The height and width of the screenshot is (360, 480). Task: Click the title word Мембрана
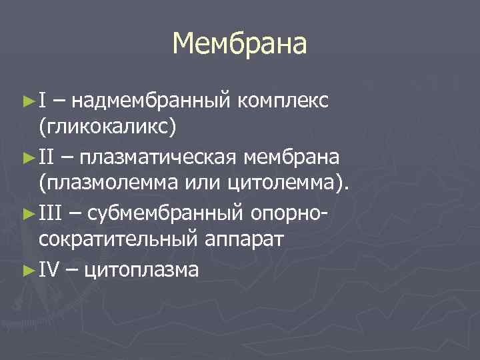[239, 45]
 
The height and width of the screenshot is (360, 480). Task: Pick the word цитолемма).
[291, 185]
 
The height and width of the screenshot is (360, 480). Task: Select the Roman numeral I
[41, 101]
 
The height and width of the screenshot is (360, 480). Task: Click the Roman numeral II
[46, 157]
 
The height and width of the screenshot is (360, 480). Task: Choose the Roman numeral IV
[48, 269]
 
